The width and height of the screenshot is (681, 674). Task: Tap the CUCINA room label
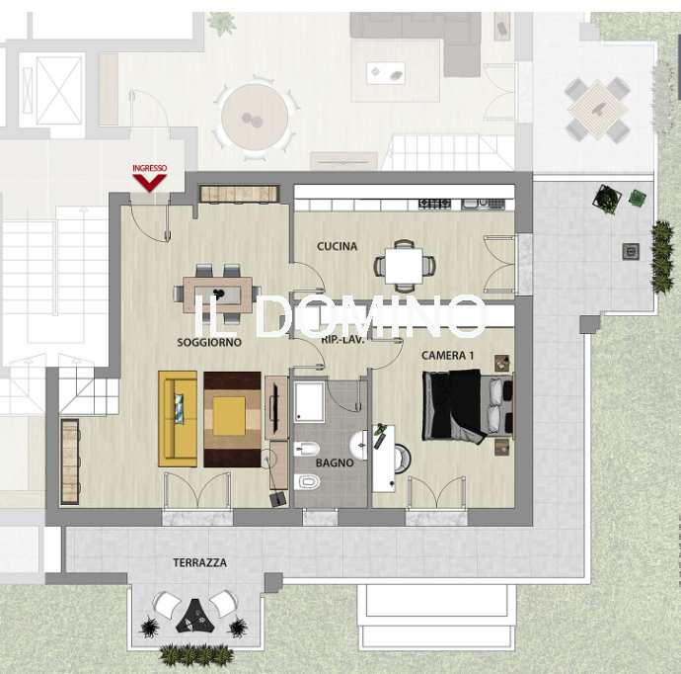337,246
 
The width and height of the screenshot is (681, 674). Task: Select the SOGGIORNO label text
209,342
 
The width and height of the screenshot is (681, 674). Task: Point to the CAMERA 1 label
447,355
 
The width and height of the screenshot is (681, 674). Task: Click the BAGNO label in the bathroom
335,463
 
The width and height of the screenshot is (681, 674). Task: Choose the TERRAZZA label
199,562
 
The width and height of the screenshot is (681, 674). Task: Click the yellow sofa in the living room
178,419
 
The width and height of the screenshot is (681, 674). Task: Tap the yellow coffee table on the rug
229,415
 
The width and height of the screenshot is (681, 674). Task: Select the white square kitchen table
404,266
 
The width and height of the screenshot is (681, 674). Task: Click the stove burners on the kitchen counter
434,203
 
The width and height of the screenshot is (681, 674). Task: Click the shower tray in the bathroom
309,402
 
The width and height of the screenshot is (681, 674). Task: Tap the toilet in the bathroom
307,482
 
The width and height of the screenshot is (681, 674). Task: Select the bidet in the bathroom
307,449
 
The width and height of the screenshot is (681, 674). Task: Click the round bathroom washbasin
358,445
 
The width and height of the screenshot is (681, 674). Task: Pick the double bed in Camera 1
467,406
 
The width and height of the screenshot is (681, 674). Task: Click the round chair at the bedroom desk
402,459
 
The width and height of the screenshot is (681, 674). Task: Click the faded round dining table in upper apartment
255,118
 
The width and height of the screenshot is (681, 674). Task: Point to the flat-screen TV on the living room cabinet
274,402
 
